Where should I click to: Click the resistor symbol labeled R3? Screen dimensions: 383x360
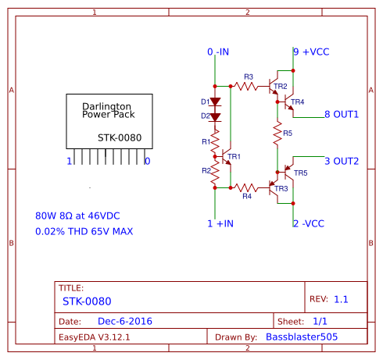(246, 86)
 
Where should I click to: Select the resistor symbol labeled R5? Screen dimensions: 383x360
(277, 133)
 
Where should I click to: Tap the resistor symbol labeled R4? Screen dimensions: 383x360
(246, 187)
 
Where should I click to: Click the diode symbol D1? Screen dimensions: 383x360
(215, 102)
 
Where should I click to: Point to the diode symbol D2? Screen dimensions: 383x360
(215, 117)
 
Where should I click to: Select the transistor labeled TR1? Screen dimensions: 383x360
(226, 156)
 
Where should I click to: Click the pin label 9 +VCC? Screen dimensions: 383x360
(311, 52)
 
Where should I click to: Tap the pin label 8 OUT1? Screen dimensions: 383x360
(342, 114)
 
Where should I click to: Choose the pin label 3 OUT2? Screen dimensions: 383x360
(342, 161)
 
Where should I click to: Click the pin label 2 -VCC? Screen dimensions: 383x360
(309, 223)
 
